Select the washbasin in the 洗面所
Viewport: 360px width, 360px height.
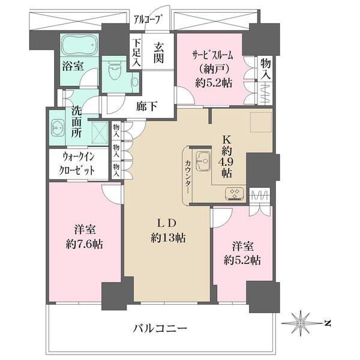[58, 128]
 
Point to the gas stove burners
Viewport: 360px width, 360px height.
[233, 193]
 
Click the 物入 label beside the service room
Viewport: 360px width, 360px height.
[265, 70]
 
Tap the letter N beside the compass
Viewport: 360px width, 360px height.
[328, 324]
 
